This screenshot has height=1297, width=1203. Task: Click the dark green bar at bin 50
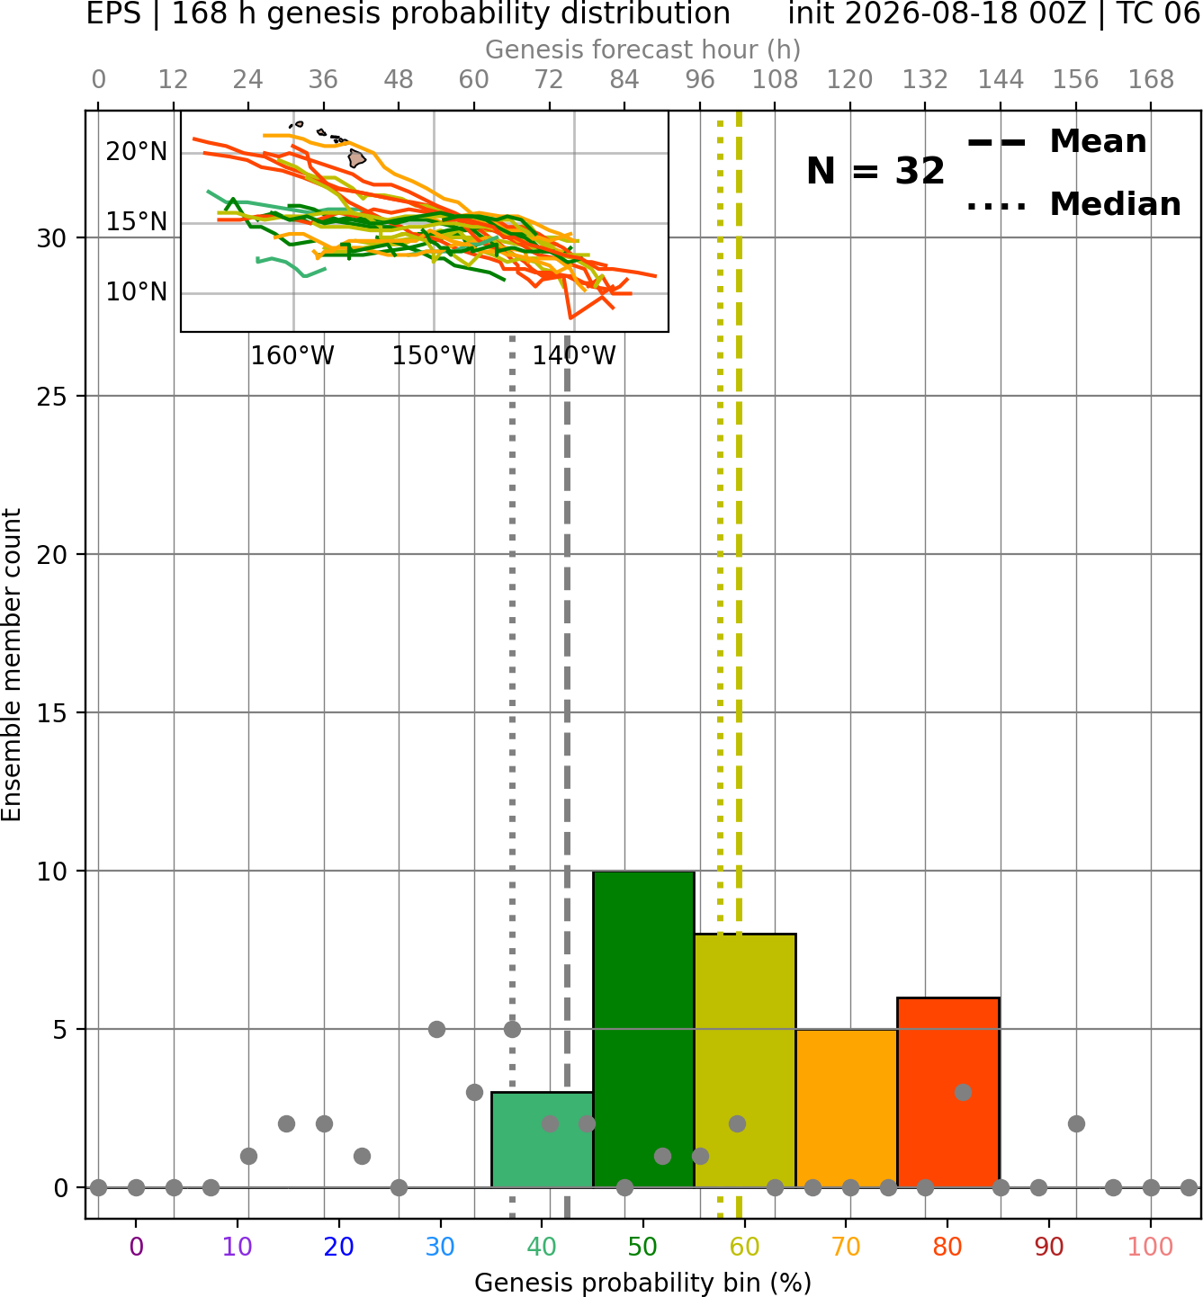[643, 1029]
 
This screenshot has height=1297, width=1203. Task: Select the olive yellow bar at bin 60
[744, 1060]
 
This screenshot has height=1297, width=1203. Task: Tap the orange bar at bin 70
[846, 1108]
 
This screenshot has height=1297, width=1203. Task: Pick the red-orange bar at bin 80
[947, 1093]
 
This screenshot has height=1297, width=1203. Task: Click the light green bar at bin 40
[542, 1140]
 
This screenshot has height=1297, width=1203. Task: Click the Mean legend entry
[1056, 142]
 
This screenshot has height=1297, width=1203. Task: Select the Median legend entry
[1073, 204]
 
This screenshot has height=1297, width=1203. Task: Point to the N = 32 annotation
[875, 171]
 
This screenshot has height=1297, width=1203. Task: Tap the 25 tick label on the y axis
[52, 397]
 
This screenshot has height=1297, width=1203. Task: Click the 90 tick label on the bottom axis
[1049, 1247]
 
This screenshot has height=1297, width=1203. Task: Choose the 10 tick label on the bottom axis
[237, 1247]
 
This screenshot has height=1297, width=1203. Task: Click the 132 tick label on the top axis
[925, 80]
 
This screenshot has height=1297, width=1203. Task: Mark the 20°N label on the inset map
[137, 151]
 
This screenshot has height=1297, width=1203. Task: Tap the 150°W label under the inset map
[433, 356]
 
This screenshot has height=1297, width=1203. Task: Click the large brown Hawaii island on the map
[357, 158]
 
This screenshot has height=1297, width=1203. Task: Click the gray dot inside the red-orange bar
[963, 1092]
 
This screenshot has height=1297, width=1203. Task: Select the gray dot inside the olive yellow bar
[737, 1124]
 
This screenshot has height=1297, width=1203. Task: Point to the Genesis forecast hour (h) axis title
[643, 49]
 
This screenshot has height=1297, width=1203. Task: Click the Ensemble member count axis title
[11, 665]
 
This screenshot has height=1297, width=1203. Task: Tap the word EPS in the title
[113, 13]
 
